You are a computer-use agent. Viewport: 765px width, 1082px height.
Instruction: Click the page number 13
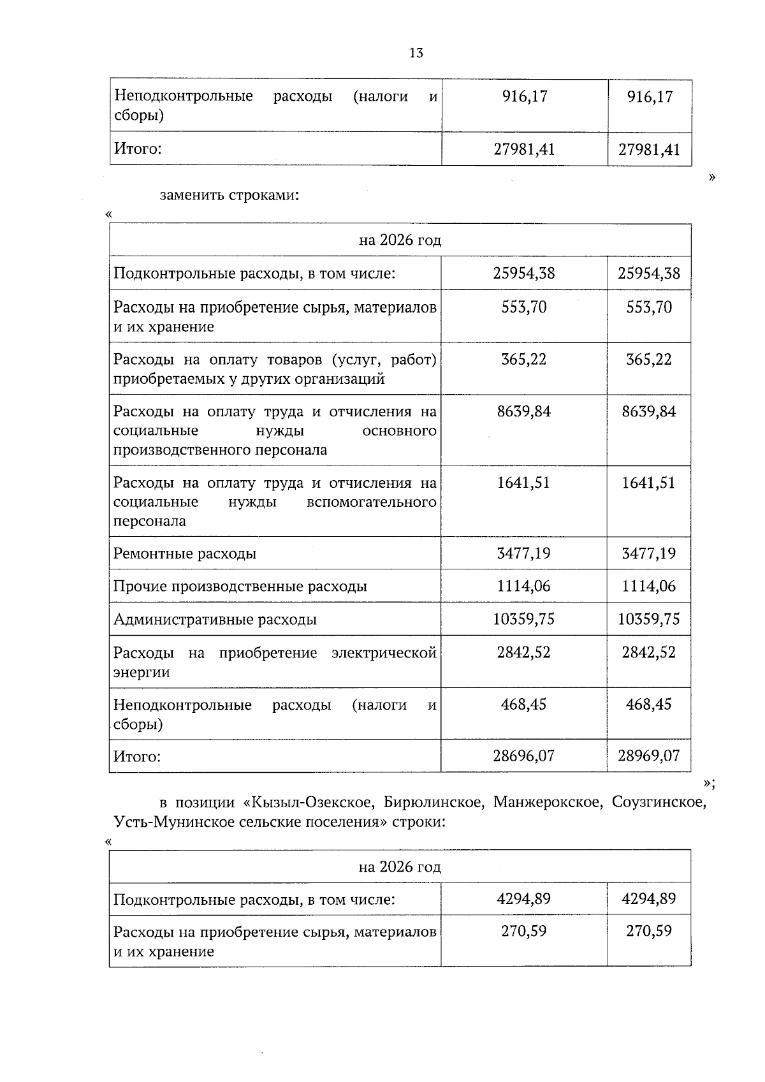[416, 53]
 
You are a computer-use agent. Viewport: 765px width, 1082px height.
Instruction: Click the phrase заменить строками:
[229, 195]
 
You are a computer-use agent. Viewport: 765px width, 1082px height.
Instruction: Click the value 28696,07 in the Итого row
[523, 756]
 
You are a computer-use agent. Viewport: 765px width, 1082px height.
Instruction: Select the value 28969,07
[648, 756]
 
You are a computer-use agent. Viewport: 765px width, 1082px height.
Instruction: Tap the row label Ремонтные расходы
[185, 553]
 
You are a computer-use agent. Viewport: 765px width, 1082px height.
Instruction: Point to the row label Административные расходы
[215, 619]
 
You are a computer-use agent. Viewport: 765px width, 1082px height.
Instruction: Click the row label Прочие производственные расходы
[240, 586]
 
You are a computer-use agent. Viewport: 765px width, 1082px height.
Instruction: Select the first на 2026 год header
[400, 240]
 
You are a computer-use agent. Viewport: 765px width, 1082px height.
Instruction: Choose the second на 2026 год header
[400, 866]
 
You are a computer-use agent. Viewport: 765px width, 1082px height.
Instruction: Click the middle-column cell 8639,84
[523, 411]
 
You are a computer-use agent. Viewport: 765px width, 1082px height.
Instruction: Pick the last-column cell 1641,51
[648, 483]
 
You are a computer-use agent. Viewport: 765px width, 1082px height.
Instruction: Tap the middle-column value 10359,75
[523, 619]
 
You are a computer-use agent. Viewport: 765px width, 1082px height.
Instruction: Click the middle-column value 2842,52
[523, 652]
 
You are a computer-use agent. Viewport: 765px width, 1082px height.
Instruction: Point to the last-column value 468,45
[648, 705]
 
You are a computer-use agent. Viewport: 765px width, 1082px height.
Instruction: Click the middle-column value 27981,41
[524, 149]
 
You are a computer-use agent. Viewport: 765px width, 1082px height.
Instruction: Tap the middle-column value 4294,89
[523, 899]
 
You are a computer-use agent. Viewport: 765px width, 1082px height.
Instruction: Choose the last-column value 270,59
[648, 932]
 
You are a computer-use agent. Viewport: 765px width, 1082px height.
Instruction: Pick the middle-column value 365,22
[523, 360]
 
